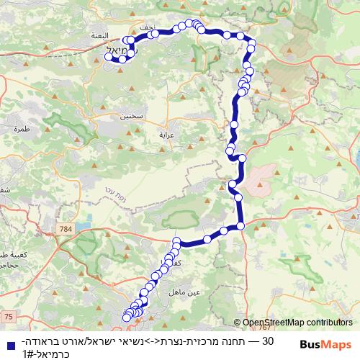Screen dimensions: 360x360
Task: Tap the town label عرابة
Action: [166, 134]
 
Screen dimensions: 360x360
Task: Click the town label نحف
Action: [148, 27]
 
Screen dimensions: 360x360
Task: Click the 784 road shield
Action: [67, 229]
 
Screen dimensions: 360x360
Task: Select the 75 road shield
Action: [8, 315]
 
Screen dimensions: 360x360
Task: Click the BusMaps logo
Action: [325, 345]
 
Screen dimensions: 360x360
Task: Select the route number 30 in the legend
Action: [267, 340]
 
